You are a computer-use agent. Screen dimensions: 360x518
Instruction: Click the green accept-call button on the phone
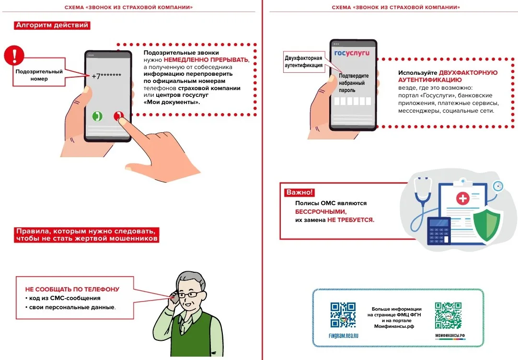click(x=97, y=116)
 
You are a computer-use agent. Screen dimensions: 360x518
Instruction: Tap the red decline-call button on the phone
click(x=118, y=116)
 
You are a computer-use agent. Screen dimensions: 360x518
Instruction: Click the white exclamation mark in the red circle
click(x=14, y=55)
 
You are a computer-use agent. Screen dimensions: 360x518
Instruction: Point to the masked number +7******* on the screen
click(x=106, y=76)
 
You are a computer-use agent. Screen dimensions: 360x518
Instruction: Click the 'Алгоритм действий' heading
click(x=52, y=25)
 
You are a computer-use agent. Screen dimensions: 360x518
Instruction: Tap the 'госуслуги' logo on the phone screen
click(x=352, y=53)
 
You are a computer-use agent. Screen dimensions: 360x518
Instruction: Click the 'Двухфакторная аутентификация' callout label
click(x=303, y=62)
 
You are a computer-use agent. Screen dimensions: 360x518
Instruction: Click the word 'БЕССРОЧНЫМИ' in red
click(x=320, y=211)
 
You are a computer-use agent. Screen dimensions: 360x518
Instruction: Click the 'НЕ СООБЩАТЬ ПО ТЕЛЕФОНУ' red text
click(x=72, y=290)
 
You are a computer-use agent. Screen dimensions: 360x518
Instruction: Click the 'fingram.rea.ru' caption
click(x=343, y=336)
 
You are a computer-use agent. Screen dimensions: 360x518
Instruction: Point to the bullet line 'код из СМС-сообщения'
click(x=65, y=298)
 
